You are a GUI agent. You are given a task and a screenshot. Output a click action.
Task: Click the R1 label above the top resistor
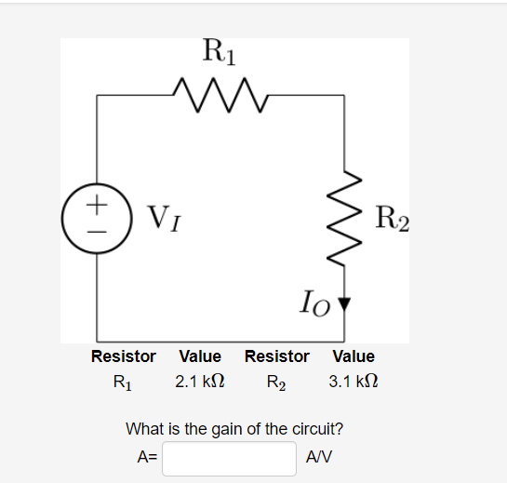click(219, 51)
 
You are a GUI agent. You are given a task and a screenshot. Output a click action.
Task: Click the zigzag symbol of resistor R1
click(220, 94)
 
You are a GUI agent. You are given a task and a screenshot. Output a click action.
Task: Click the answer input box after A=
click(230, 458)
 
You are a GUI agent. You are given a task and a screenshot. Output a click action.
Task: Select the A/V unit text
click(319, 458)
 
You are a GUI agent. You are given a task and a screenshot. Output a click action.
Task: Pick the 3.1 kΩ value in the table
click(353, 382)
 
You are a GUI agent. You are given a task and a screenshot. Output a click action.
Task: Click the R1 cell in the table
click(123, 382)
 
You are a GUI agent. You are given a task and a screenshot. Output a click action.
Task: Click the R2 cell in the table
click(276, 382)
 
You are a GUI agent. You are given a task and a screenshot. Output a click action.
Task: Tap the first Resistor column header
click(123, 356)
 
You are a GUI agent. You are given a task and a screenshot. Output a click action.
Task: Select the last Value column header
click(353, 356)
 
